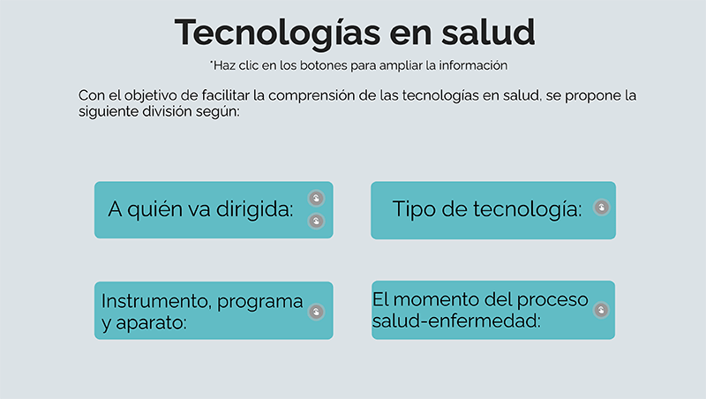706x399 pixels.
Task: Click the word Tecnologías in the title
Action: point(278,34)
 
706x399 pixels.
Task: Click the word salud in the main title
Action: point(488,32)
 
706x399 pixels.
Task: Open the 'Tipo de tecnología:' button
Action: point(493,210)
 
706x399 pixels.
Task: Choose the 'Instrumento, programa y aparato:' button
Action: point(214,311)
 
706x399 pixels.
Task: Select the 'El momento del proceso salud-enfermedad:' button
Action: point(493,310)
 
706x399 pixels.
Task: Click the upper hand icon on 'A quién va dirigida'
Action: point(316,198)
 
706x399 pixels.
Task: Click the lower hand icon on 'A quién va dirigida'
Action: point(316,221)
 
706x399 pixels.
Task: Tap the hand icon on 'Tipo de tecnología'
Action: point(602,207)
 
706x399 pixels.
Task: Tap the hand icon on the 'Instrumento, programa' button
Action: point(316,312)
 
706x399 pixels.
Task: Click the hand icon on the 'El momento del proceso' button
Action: point(601,310)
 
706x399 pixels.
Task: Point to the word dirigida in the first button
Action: point(255,209)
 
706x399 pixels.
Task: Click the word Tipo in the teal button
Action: point(414,209)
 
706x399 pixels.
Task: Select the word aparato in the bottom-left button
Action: point(151,323)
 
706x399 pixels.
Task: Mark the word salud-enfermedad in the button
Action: point(456,321)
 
